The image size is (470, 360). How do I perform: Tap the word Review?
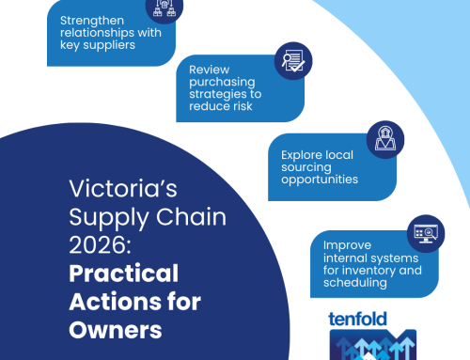pyautogui.click(x=210, y=70)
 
